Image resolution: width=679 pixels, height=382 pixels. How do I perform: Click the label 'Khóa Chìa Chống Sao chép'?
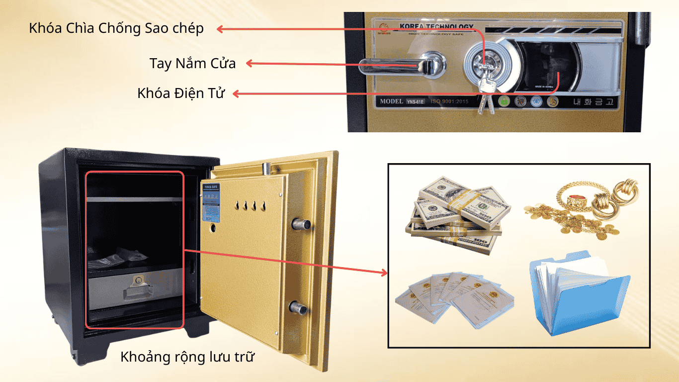(x=116, y=28)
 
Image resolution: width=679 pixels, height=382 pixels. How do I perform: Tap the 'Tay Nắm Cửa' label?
(x=192, y=64)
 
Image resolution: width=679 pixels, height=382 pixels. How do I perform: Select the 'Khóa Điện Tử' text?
(x=181, y=93)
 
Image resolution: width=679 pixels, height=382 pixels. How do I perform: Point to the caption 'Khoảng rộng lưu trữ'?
(x=187, y=357)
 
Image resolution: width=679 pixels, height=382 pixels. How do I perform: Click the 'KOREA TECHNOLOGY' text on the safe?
(x=436, y=26)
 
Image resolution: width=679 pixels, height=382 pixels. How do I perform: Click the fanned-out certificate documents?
(x=454, y=299)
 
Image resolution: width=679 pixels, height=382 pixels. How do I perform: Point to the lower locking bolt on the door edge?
(x=299, y=307)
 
